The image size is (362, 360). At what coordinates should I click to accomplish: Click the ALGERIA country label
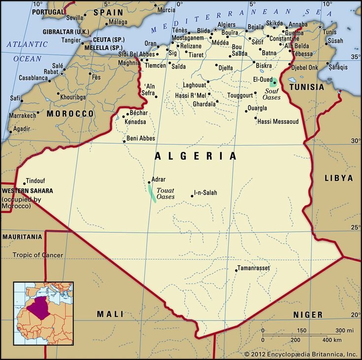(x=196, y=156)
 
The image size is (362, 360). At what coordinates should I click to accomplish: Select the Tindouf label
(x=34, y=180)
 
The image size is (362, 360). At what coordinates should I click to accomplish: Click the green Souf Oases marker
(x=274, y=82)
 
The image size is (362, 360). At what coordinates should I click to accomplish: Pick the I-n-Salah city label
(x=205, y=193)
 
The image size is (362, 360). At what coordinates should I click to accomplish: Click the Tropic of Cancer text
(x=38, y=255)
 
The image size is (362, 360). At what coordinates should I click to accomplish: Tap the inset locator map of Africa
(x=43, y=313)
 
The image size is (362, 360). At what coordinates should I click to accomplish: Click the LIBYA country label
(x=339, y=178)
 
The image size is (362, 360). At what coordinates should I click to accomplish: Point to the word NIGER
(x=308, y=315)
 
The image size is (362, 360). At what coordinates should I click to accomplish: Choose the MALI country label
(x=110, y=314)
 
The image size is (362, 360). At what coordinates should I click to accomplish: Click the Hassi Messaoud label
(x=278, y=121)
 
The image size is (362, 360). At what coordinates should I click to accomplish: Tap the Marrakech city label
(x=23, y=115)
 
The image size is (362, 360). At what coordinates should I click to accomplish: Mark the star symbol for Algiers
(x=215, y=30)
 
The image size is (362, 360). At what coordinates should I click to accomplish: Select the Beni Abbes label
(x=141, y=139)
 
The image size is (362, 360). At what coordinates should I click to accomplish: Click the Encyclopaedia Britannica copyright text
(x=300, y=354)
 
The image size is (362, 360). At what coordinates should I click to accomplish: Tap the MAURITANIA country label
(x=22, y=237)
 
